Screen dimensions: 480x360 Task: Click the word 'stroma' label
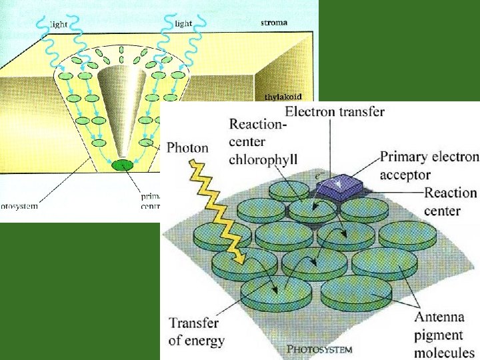(273, 22)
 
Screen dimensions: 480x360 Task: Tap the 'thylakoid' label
(283, 97)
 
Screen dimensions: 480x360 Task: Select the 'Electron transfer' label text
(335, 111)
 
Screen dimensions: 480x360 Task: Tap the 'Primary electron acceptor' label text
(429, 166)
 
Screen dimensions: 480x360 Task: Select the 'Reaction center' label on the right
(451, 202)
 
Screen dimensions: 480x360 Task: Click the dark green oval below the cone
(123, 164)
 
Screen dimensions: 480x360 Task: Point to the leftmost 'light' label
(59, 24)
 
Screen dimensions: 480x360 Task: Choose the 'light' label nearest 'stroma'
(183, 24)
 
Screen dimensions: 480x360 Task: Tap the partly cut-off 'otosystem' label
(18, 206)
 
